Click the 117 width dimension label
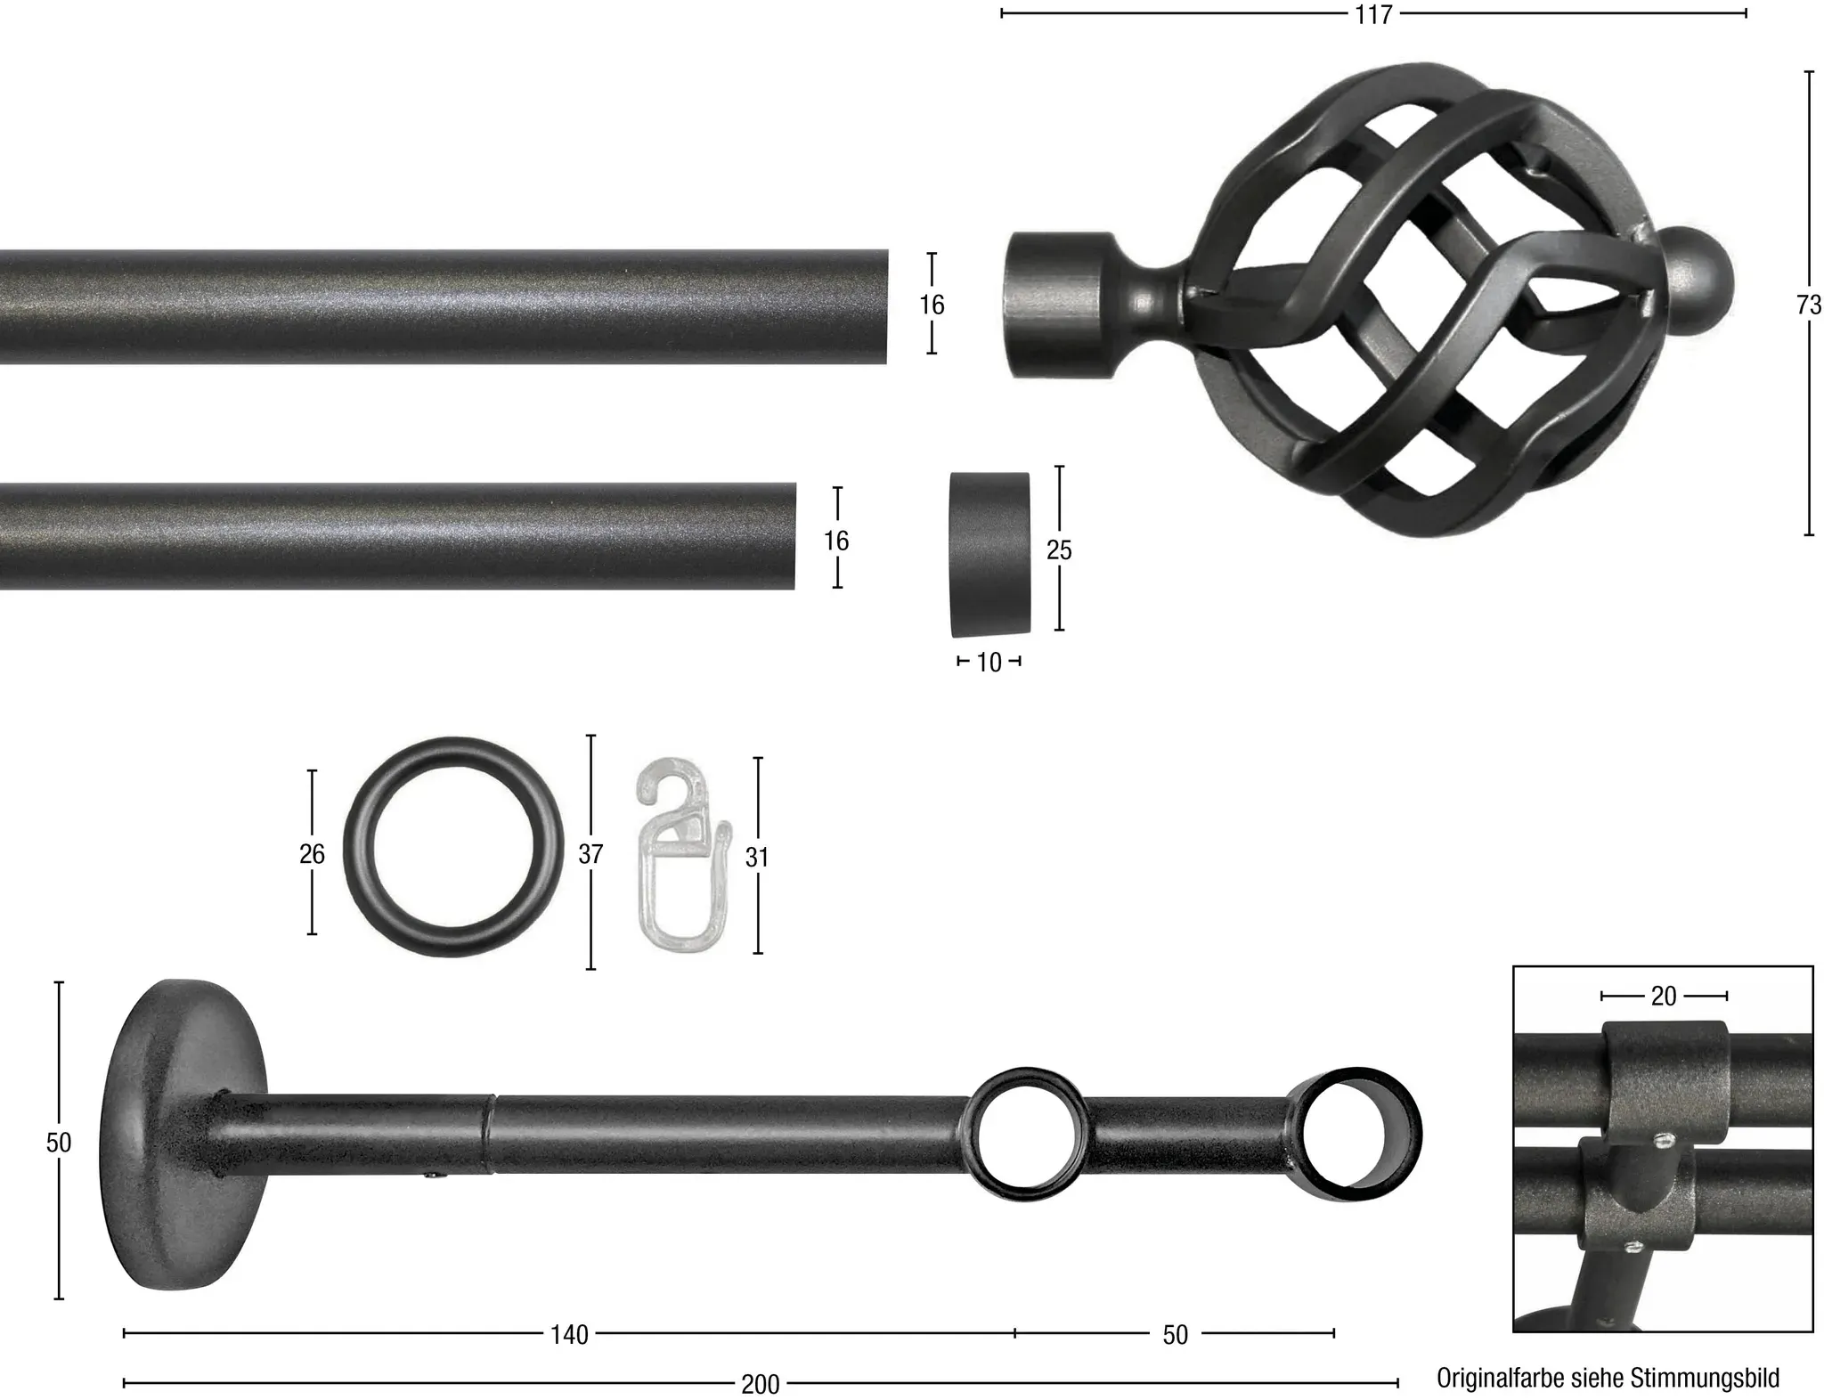[x=1373, y=14]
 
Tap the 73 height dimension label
[x=1809, y=305]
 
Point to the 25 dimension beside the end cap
[x=1059, y=550]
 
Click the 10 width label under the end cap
[x=989, y=662]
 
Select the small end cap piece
[x=989, y=554]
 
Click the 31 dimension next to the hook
[x=757, y=858]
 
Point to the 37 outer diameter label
[x=590, y=854]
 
